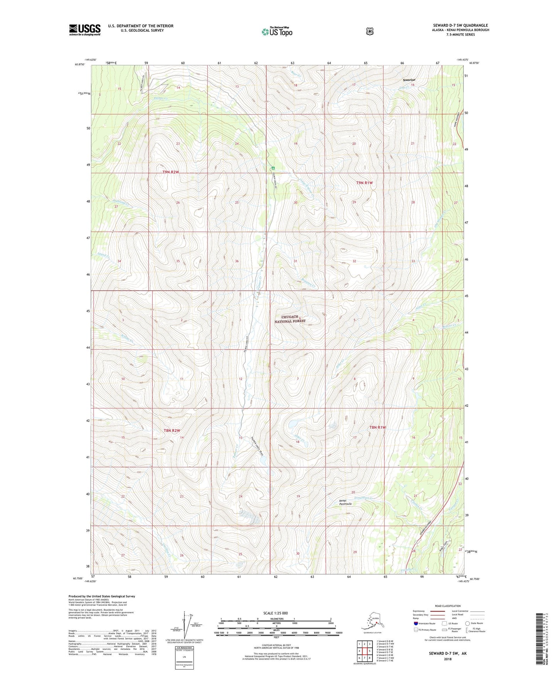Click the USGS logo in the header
pos(84,30)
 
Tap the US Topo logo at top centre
pos(277,32)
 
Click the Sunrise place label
pos(409,80)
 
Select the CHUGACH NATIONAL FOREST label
pos(290,319)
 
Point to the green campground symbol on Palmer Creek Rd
pos(273,168)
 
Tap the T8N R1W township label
pos(377,427)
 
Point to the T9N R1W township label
pos(364,183)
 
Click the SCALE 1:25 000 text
pos(275,613)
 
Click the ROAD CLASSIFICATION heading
pos(447,606)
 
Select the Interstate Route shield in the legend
pos(416,623)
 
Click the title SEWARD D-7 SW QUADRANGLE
pos(460,25)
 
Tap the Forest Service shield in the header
pos(370,31)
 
